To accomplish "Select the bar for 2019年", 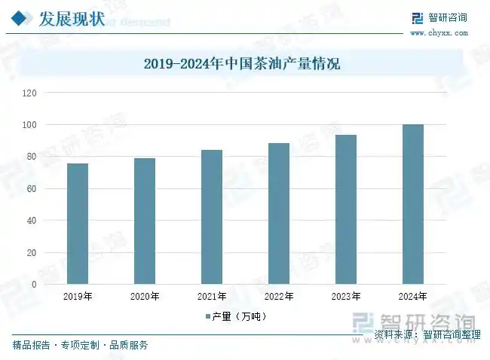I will pyautogui.click(x=77, y=224).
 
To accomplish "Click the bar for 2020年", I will pyautogui.click(x=145, y=221).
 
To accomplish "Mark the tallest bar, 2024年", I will pyautogui.click(x=413, y=204).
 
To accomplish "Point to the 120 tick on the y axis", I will pyautogui.click(x=30, y=93).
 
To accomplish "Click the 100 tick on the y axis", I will pyautogui.click(x=30, y=124).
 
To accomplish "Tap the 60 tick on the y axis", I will pyautogui.click(x=32, y=188).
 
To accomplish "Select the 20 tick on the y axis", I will pyautogui.click(x=32, y=252).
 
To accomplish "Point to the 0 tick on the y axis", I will pyautogui.click(x=35, y=285).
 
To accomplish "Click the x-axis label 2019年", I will pyautogui.click(x=77, y=297).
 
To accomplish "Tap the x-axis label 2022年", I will pyautogui.click(x=279, y=297).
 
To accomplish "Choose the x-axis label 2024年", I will pyautogui.click(x=413, y=297).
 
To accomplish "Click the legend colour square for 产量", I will pyautogui.click(x=207, y=316).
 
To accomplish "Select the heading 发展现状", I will pyautogui.click(x=72, y=18).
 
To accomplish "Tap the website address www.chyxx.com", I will pyautogui.click(x=439, y=33).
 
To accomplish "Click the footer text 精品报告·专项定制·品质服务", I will pyautogui.click(x=80, y=346).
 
